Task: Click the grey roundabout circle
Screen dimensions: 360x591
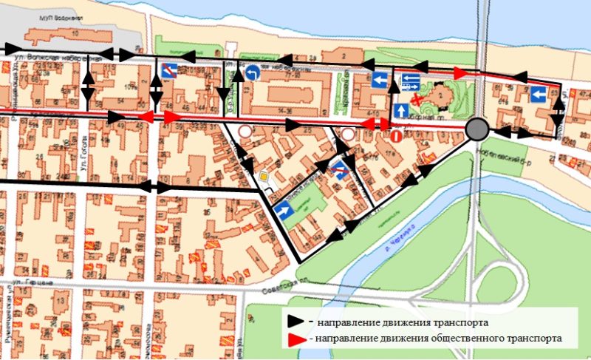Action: pos(478,130)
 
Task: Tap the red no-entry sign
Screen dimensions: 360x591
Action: pos(397,135)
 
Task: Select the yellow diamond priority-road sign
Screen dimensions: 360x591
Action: pos(264,177)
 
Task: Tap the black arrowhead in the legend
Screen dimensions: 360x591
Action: pos(297,322)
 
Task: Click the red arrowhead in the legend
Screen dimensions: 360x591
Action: pos(297,339)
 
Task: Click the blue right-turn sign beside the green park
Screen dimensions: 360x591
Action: pos(283,211)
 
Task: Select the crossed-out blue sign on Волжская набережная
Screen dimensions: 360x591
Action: pos(168,71)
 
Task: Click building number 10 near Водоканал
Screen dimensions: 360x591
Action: pos(75,33)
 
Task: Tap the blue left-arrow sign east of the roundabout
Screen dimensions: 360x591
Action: pos(538,94)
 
